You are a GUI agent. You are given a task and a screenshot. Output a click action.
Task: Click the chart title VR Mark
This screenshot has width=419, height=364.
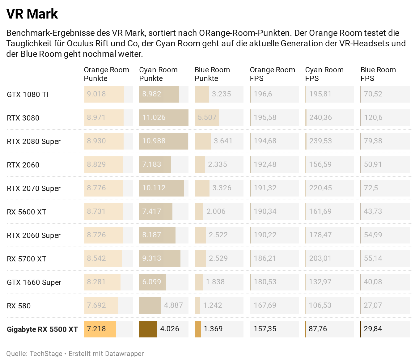(x=32, y=14)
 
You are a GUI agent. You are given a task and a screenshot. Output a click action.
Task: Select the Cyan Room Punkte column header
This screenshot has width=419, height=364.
(x=158, y=74)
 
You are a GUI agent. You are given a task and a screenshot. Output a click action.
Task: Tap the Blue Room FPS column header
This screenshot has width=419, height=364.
(x=378, y=74)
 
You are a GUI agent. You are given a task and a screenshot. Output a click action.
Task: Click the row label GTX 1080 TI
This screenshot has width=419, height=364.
(x=28, y=95)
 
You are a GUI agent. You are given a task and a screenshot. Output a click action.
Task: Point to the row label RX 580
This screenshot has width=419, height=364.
(x=19, y=306)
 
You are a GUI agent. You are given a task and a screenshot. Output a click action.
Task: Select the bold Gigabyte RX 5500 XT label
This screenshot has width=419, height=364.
(x=42, y=329)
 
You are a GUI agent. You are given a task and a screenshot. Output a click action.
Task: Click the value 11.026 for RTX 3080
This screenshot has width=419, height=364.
(x=154, y=117)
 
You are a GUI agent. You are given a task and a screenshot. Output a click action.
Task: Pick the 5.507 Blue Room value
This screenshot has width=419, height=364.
(x=207, y=117)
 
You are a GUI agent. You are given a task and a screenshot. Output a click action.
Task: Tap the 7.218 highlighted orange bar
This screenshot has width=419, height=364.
(x=100, y=329)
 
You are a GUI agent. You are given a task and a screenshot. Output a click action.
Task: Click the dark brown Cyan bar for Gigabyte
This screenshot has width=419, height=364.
(x=148, y=329)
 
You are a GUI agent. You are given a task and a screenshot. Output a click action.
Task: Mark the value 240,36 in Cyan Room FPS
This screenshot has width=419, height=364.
(x=320, y=117)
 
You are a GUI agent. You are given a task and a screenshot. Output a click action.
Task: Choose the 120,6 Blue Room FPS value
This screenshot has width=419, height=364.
(x=373, y=117)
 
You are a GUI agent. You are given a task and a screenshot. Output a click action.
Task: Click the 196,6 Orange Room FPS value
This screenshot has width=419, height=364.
(x=263, y=94)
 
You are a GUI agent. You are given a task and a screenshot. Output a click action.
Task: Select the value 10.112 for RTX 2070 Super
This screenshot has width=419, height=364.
(x=154, y=188)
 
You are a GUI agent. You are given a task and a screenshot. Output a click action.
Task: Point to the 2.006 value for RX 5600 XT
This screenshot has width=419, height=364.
(x=216, y=211)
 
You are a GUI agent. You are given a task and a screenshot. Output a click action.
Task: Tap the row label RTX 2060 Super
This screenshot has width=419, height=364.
(x=34, y=235)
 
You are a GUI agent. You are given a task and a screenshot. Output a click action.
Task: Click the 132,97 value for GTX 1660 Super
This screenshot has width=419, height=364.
(x=320, y=282)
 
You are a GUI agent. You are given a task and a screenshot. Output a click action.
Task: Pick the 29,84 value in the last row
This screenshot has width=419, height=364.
(x=373, y=329)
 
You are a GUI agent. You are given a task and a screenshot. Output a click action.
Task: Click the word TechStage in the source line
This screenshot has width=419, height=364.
(x=46, y=353)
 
